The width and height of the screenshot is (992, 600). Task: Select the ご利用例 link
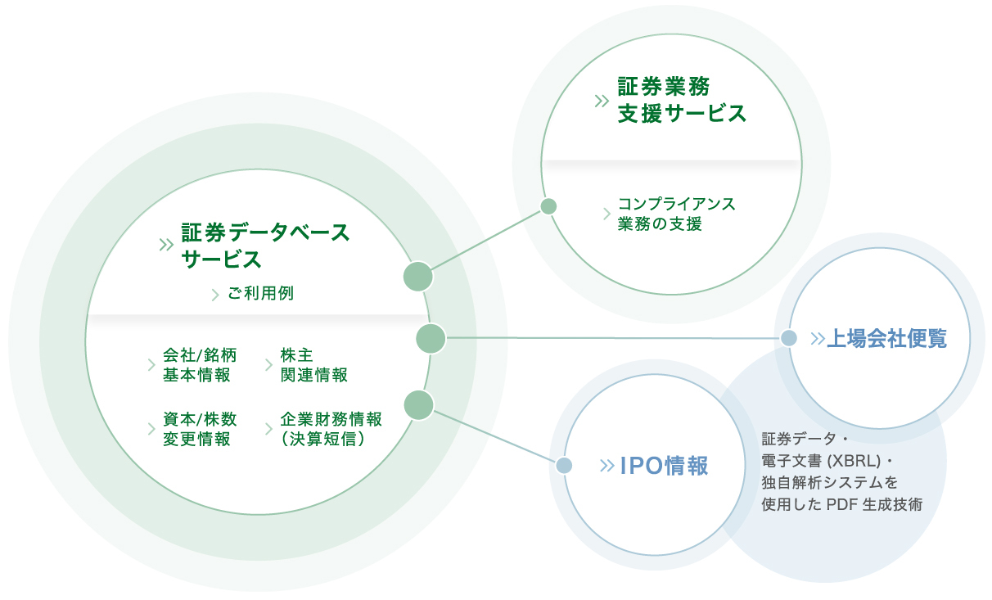(x=260, y=293)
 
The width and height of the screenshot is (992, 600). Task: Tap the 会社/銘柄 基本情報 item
(x=200, y=365)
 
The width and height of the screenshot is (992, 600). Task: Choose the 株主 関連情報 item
(x=313, y=365)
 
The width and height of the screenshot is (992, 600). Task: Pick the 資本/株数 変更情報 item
(x=200, y=429)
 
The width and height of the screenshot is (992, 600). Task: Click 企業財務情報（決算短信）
(x=331, y=429)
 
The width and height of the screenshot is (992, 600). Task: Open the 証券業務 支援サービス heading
(x=682, y=100)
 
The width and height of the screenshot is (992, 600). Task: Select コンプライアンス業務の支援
(x=676, y=214)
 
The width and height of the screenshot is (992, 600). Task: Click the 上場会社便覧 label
(x=886, y=338)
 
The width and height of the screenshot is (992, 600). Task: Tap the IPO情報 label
(x=664, y=466)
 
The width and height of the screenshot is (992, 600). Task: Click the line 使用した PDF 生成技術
(x=841, y=504)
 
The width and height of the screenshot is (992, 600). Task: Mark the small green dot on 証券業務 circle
(x=549, y=206)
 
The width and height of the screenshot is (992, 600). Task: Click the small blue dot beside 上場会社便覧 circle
(x=788, y=338)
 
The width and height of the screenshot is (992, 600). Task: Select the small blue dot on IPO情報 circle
(x=564, y=466)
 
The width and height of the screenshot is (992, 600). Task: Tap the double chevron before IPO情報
(x=606, y=466)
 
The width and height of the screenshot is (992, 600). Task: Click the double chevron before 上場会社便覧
(x=817, y=338)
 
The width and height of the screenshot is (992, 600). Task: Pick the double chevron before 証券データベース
(x=167, y=244)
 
